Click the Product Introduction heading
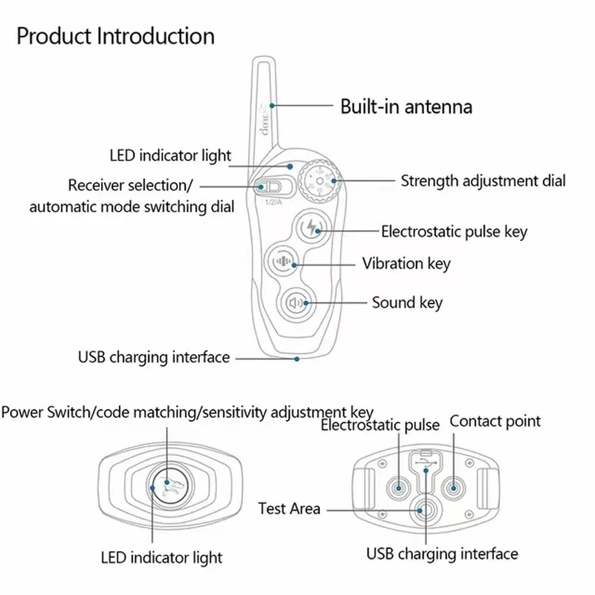pyautogui.click(x=115, y=36)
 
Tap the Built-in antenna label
pyautogui.click(x=406, y=107)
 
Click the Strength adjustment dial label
pyautogui.click(x=483, y=181)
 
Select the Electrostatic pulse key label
pyautogui.click(x=454, y=231)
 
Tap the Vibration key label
pyautogui.click(x=406, y=263)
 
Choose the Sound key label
pyautogui.click(x=407, y=302)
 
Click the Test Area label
pyautogui.click(x=289, y=509)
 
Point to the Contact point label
pyautogui.click(x=495, y=421)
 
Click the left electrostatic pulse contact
pyautogui.click(x=397, y=488)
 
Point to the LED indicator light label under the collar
pyautogui.click(x=161, y=558)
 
